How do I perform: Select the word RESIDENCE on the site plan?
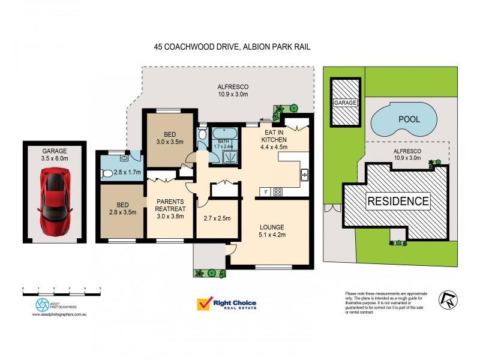tap(398, 200)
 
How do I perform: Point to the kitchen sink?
tap(304, 175)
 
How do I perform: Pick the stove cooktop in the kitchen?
tap(278, 192)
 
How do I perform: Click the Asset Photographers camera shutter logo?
tap(43, 304)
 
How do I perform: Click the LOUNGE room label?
tap(271, 227)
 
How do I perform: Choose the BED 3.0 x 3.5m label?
tap(170, 137)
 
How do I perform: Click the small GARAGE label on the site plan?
tap(346, 103)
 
